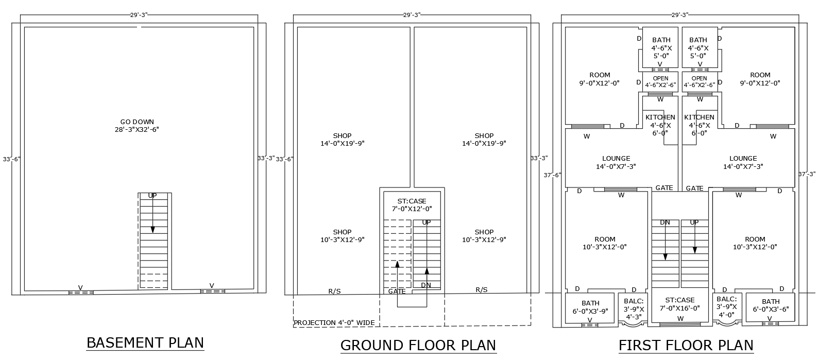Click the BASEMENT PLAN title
(x=145, y=343)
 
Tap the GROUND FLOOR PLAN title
(x=418, y=345)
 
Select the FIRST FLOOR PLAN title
(x=686, y=345)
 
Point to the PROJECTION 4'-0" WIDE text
(x=334, y=323)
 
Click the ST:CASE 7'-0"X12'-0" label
(x=412, y=204)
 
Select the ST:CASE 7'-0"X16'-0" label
(x=679, y=304)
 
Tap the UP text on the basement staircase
(x=152, y=196)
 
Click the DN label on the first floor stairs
(x=665, y=222)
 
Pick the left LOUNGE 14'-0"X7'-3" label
(x=616, y=162)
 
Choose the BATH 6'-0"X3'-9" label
(x=590, y=307)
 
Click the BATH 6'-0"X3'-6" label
(x=771, y=305)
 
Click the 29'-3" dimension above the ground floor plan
(x=412, y=15)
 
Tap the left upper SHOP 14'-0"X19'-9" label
(x=342, y=140)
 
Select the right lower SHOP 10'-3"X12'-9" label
(x=484, y=236)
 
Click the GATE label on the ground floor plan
(x=397, y=292)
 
